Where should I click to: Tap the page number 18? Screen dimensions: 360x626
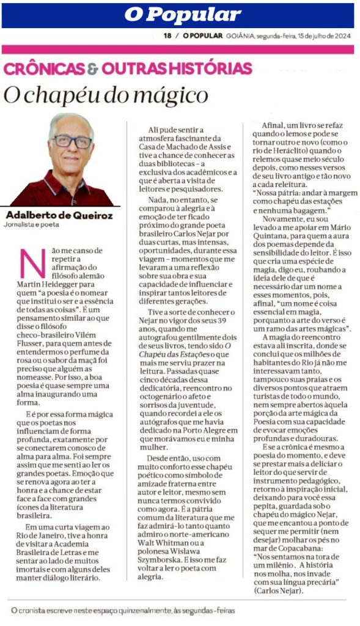(167, 35)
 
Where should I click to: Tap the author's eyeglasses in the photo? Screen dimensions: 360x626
(72, 142)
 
